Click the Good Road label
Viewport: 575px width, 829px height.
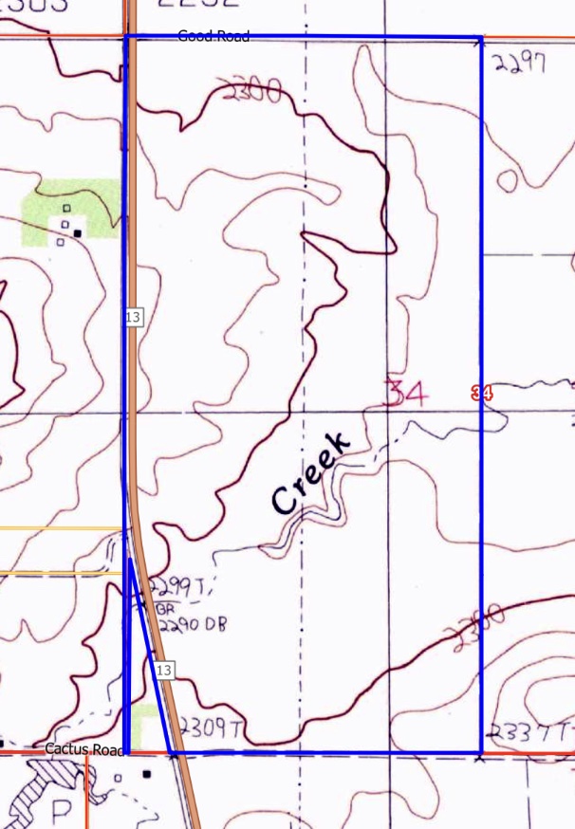click(x=213, y=37)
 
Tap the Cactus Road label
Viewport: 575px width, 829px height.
click(x=85, y=749)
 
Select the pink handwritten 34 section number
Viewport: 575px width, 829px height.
click(x=406, y=393)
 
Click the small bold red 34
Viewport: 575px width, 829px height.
click(x=481, y=393)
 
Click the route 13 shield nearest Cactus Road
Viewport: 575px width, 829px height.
click(x=164, y=671)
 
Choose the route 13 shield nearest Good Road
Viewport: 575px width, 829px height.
click(x=133, y=316)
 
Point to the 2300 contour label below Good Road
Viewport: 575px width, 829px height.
click(x=252, y=92)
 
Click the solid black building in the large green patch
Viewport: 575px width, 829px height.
click(x=78, y=231)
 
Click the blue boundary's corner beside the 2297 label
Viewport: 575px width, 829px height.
click(x=480, y=39)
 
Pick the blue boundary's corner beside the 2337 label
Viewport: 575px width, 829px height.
click(x=480, y=754)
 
